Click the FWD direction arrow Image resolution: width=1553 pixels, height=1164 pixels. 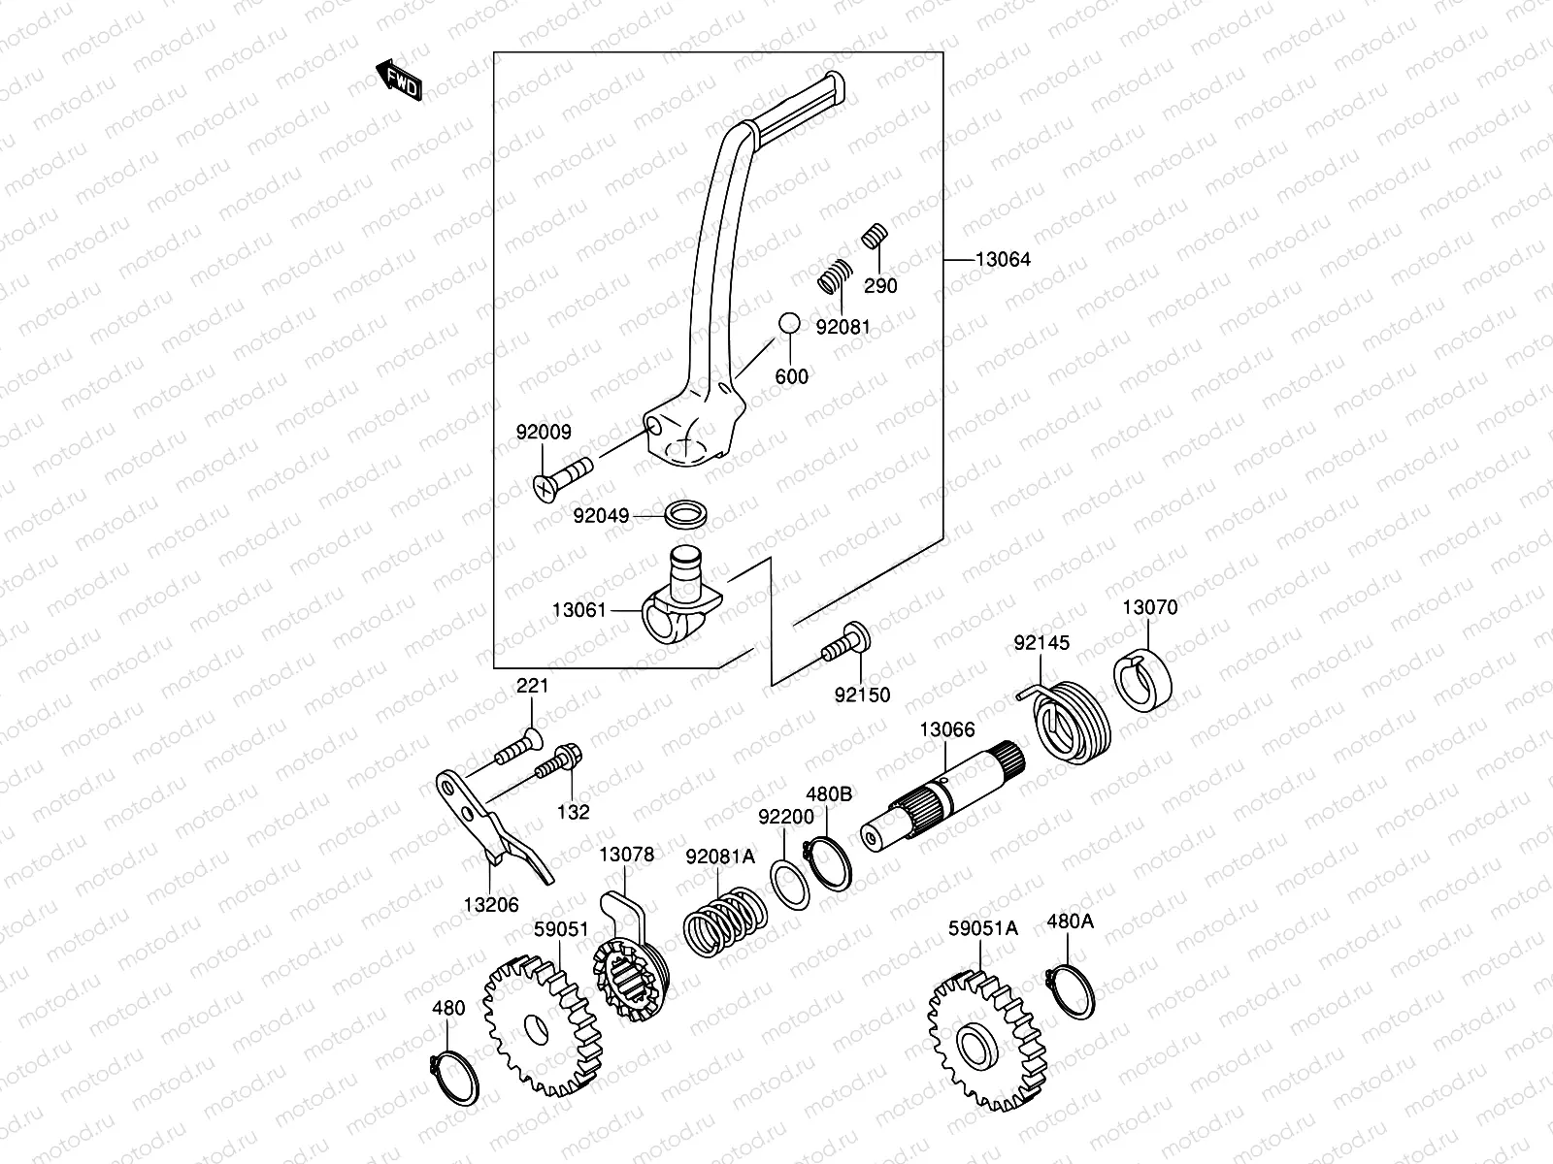(x=399, y=81)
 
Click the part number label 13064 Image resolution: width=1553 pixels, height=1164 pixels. (x=1003, y=259)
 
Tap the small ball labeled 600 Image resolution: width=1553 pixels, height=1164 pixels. (x=788, y=323)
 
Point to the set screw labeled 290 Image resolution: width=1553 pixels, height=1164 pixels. (x=876, y=236)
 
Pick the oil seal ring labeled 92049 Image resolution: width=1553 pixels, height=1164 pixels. (x=685, y=513)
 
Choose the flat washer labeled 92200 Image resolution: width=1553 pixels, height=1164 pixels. (x=789, y=883)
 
